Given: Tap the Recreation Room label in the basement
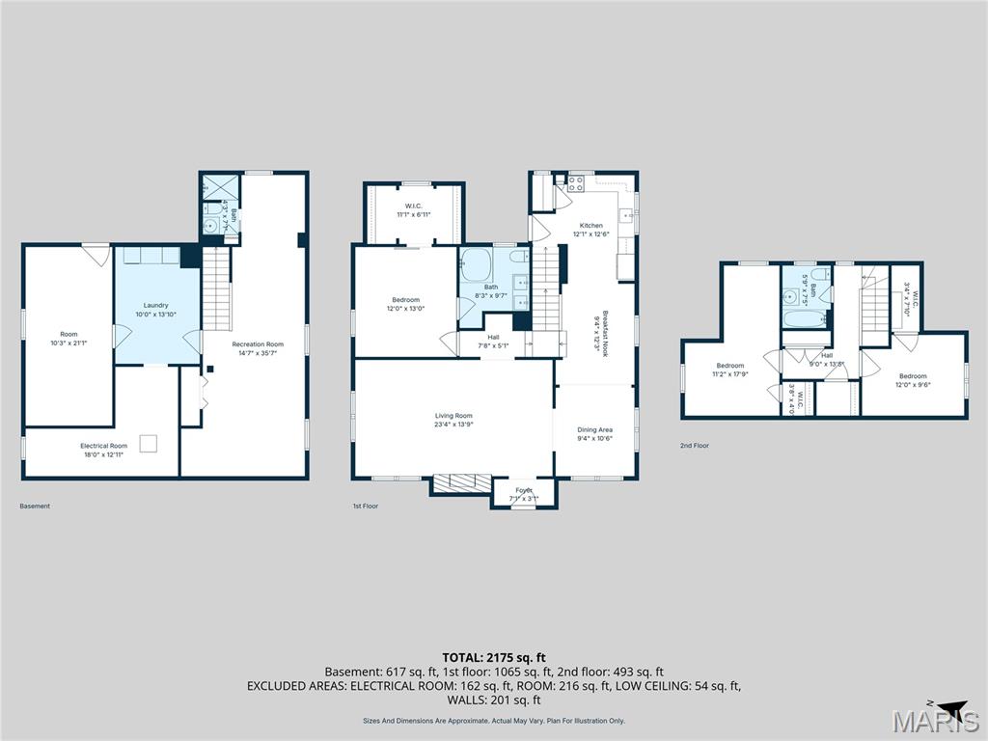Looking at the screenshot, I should (x=258, y=344).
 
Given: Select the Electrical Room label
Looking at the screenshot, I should (x=102, y=446).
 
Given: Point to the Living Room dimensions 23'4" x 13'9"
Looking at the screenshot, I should (x=453, y=425).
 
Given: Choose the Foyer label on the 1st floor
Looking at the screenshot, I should (x=524, y=490).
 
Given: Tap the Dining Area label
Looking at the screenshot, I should (x=594, y=429).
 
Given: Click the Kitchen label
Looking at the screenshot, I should (x=590, y=225).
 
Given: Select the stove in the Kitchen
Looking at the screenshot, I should (x=577, y=182).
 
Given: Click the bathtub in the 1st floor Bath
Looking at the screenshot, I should (x=476, y=264).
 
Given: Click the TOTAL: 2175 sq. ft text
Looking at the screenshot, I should (x=493, y=657).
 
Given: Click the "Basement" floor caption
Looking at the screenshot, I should (x=35, y=506).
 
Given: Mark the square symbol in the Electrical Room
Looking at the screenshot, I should (x=149, y=444).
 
